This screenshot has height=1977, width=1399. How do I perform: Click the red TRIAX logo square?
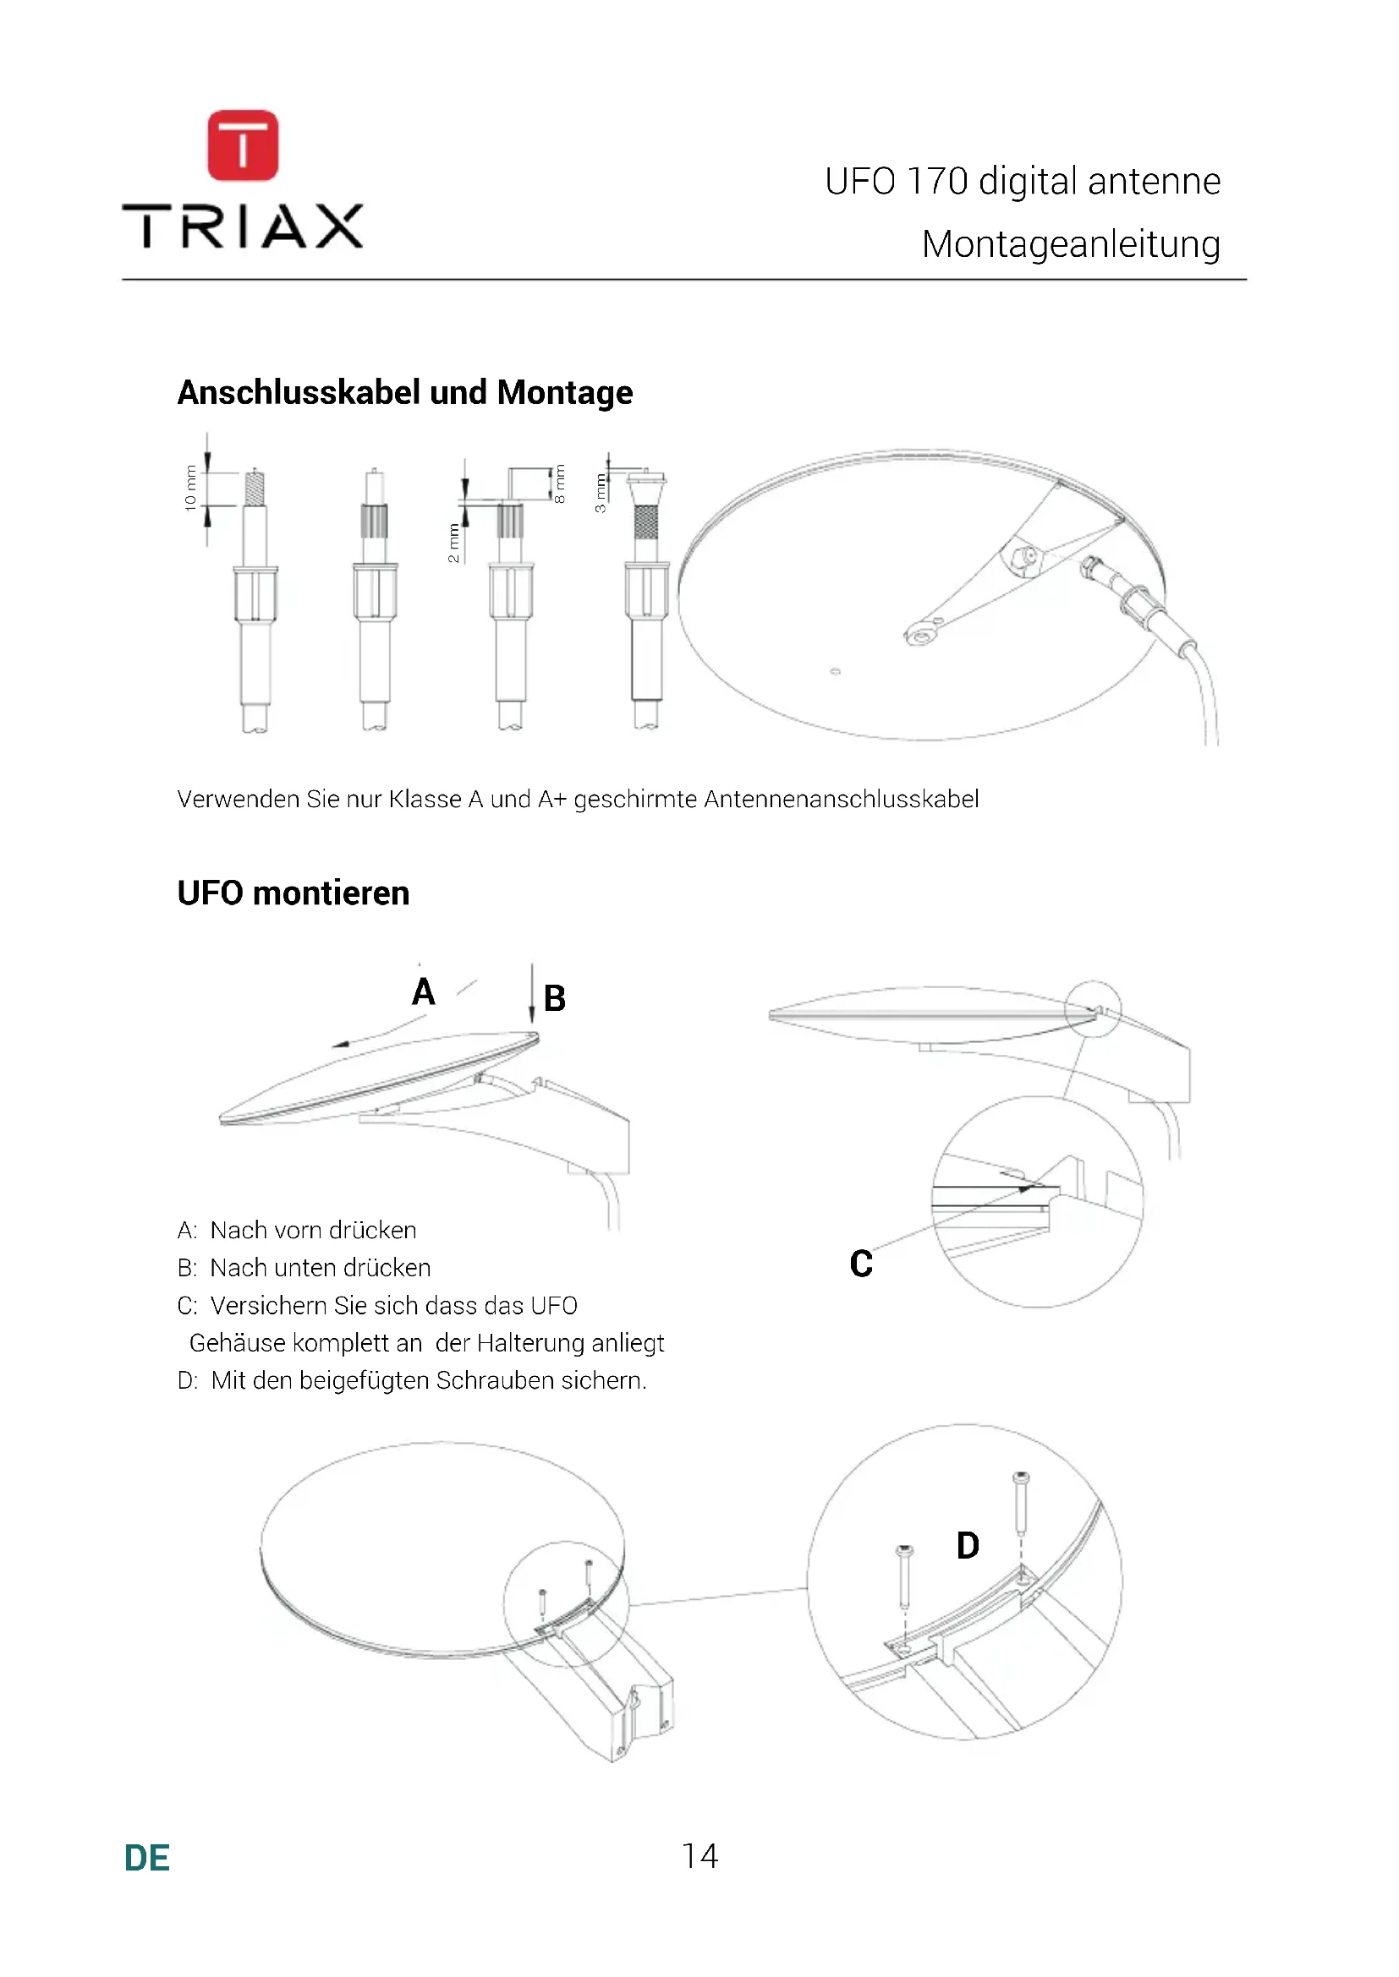tap(243, 145)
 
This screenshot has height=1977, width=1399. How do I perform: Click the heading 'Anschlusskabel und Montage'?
tap(405, 393)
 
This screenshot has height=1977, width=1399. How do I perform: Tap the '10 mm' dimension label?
tap(190, 489)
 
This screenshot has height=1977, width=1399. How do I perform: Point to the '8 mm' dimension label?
tap(560, 484)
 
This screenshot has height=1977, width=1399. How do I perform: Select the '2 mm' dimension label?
tap(453, 543)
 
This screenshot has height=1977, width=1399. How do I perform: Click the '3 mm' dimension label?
tap(601, 493)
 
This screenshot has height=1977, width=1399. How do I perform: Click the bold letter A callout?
tap(423, 992)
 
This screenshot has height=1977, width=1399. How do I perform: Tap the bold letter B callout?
tap(555, 999)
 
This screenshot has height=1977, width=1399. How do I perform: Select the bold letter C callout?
tap(860, 1264)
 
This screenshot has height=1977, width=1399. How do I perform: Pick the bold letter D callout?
tap(968, 1546)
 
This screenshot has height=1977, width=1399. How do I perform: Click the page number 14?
tap(699, 1855)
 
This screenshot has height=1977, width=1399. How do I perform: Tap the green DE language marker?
tap(147, 1858)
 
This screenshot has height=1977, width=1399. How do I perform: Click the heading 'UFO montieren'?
tap(293, 893)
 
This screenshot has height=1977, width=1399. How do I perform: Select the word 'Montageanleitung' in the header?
tap(1071, 244)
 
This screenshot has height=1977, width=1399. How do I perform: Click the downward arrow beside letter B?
tap(532, 995)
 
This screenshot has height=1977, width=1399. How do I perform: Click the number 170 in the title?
tap(937, 182)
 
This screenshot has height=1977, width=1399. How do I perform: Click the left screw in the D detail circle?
tap(905, 1577)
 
